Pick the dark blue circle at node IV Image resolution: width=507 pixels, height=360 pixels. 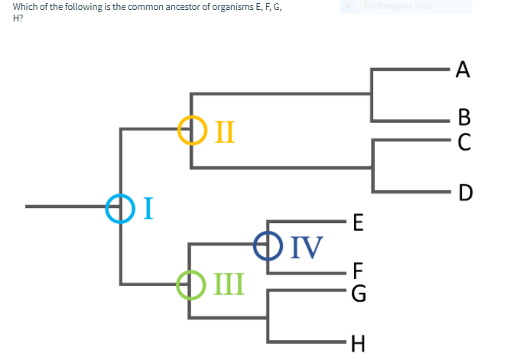(267, 246)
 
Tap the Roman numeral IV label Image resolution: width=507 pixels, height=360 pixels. (304, 247)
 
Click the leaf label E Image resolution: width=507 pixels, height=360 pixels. (358, 223)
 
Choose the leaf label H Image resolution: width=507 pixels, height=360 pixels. (358, 342)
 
